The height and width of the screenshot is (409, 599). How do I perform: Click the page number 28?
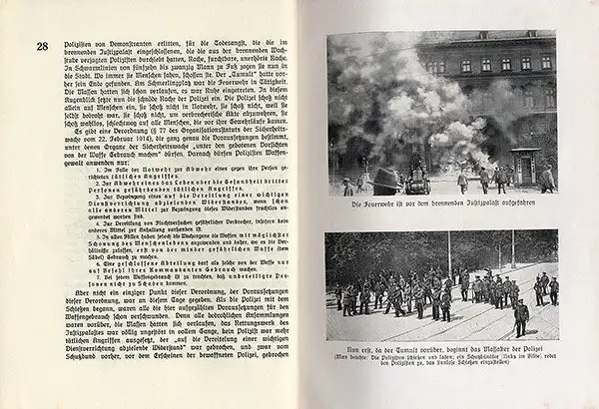[x=42, y=46]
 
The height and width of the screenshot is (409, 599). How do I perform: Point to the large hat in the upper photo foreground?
[x=383, y=181]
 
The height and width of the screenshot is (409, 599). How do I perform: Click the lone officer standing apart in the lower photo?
[x=519, y=318]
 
